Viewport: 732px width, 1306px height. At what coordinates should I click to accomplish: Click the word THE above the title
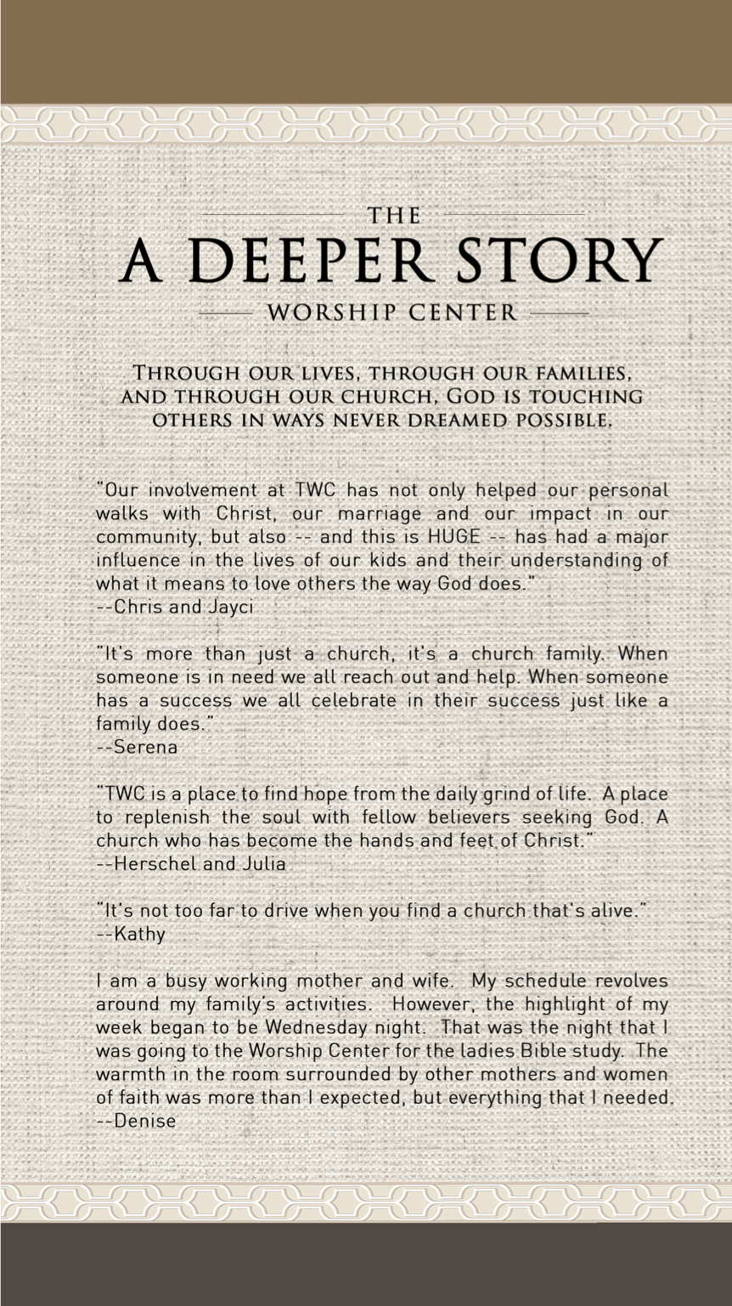coord(394,216)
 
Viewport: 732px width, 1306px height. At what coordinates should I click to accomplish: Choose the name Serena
coord(145,748)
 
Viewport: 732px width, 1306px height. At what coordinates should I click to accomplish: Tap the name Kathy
coord(139,934)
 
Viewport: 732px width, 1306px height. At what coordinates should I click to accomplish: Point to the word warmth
coord(127,1074)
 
